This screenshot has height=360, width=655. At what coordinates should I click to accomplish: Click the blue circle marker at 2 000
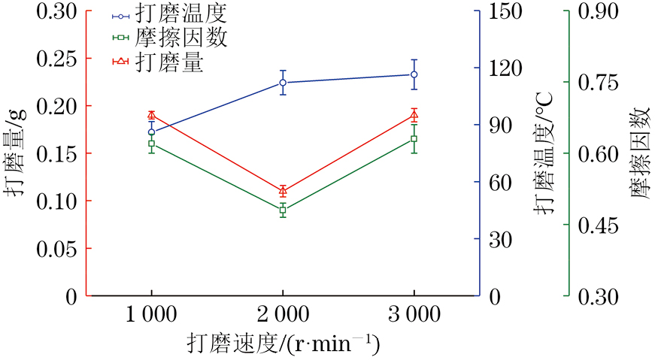pos(283,83)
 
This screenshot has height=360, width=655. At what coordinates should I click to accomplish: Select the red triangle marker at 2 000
pos(283,191)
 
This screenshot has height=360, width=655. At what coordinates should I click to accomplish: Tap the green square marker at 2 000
pos(283,210)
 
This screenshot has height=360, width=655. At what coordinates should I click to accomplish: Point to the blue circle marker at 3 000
pos(414,74)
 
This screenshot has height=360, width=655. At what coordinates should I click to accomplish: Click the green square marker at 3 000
pos(414,139)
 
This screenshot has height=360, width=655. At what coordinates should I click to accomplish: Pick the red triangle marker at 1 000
pos(151,116)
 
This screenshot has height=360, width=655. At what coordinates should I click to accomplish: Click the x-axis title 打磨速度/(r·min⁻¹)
pos(283,345)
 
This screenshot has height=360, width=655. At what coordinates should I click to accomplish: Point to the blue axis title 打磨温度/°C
pos(544,154)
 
